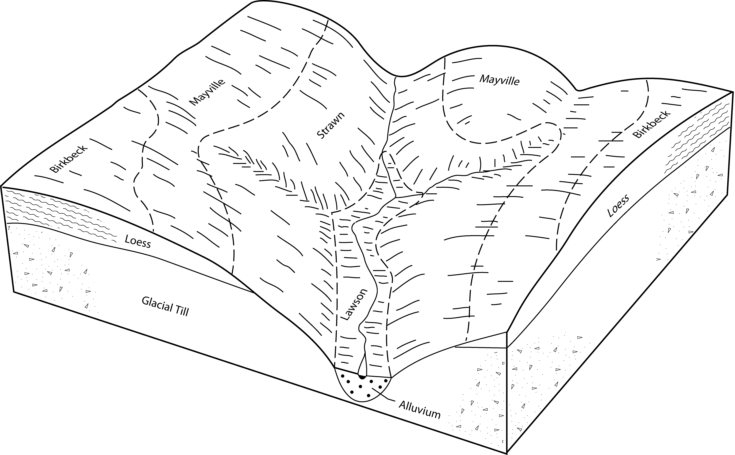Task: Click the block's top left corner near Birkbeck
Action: tap(2, 187)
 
